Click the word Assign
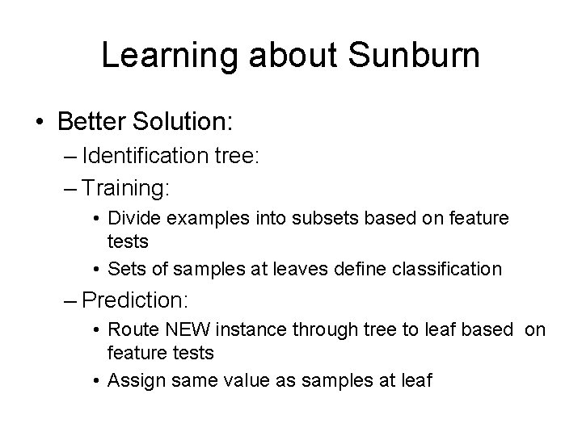click(x=133, y=379)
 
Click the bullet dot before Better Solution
click(x=38, y=123)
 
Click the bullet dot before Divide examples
click(x=98, y=220)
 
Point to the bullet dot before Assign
click(x=98, y=380)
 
